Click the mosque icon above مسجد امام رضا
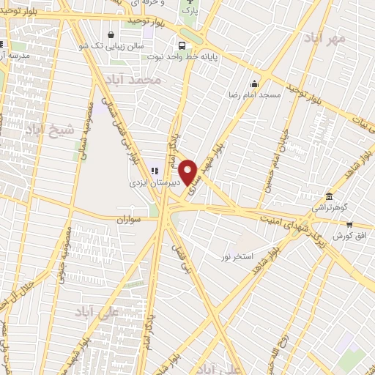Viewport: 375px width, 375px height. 254,83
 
